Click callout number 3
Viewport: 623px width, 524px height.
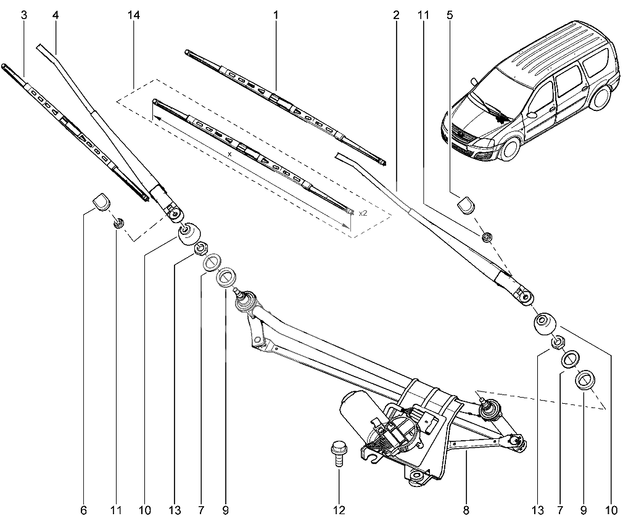tap(24, 15)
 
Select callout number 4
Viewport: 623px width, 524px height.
tap(56, 15)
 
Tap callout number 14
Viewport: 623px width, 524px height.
tap(133, 15)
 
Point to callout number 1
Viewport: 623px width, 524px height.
tap(276, 15)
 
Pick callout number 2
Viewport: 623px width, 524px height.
tap(395, 15)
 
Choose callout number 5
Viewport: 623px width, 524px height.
tap(449, 15)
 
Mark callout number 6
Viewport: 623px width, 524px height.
tap(83, 510)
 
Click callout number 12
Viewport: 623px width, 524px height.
tap(338, 510)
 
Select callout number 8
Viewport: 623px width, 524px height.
tap(466, 510)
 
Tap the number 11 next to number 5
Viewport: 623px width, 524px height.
tap(423, 15)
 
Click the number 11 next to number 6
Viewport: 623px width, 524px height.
tap(115, 510)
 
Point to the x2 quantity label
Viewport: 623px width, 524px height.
tap(362, 213)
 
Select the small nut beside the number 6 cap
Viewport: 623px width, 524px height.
tap(119, 221)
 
